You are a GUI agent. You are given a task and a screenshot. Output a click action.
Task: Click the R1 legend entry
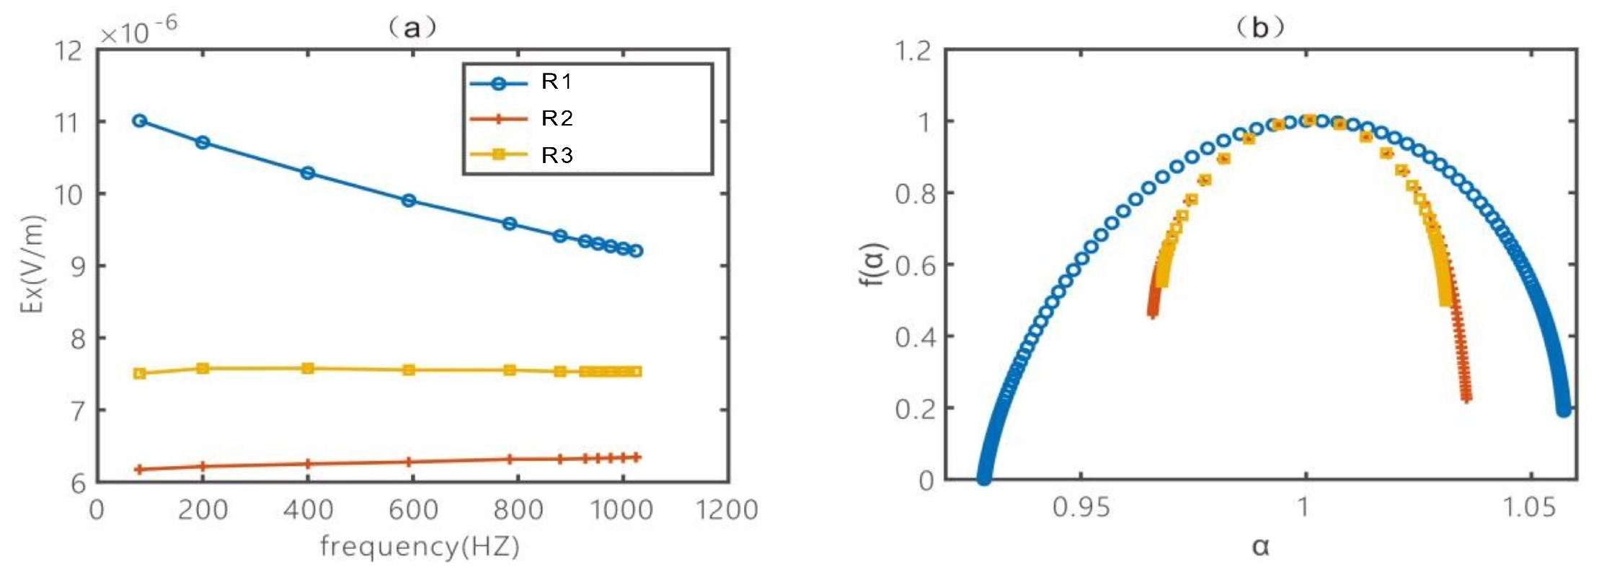556,82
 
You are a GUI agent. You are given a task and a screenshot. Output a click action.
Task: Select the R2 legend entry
556,118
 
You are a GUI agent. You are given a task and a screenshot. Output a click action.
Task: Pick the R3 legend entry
556,155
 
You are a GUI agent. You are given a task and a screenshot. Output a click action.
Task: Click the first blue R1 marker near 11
140,120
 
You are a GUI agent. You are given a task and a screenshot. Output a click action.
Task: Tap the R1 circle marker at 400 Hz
308,172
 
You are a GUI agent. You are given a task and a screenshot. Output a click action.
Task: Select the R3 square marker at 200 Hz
203,368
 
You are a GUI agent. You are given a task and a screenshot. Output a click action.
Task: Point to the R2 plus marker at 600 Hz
409,462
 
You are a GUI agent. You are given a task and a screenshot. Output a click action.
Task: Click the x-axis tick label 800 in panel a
518,510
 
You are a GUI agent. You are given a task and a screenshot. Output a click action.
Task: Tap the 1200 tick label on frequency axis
727,510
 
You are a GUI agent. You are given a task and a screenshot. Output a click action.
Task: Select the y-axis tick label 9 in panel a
78,266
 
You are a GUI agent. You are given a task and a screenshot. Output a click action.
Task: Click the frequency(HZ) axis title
420,546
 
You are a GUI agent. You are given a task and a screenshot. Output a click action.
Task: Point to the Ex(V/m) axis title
32,265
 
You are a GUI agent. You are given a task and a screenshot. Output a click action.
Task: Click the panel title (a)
412,28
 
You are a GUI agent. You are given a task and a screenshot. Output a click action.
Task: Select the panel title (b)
1259,28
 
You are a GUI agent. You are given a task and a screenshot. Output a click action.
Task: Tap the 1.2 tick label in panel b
913,51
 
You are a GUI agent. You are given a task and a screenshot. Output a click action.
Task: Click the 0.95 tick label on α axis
1081,508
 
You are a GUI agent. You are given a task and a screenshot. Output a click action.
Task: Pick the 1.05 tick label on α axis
1530,508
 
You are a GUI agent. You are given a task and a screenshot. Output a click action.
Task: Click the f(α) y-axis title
873,265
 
